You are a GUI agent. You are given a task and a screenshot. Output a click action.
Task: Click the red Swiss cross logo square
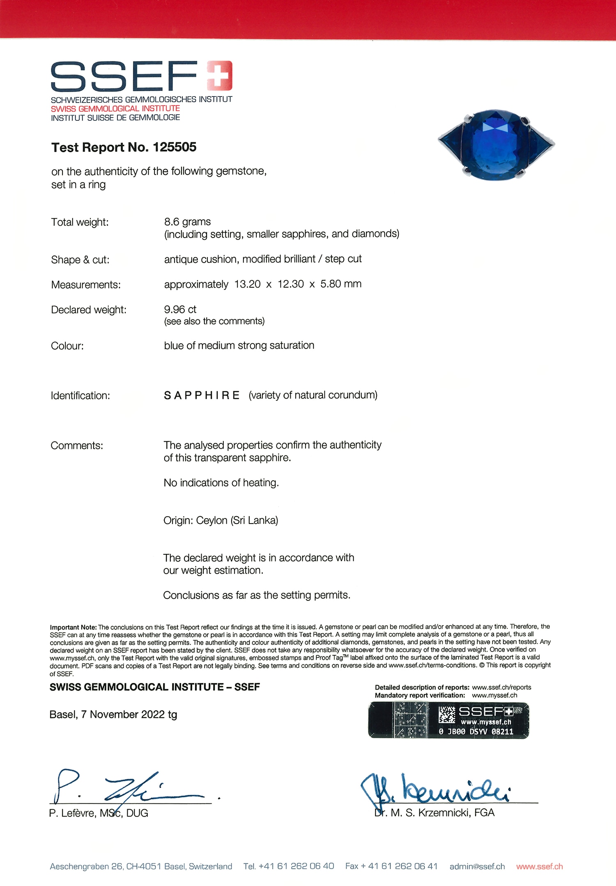(x=219, y=76)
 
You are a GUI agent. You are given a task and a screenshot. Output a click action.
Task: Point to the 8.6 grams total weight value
(x=187, y=222)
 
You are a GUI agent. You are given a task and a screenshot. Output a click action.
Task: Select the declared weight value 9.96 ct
(x=180, y=309)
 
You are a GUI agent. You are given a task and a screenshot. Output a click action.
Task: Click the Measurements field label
(x=86, y=285)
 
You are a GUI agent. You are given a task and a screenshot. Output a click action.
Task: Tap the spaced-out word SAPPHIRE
(x=202, y=395)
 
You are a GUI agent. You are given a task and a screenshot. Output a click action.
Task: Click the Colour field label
(x=67, y=346)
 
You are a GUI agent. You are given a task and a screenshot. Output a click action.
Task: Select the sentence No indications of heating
(x=221, y=483)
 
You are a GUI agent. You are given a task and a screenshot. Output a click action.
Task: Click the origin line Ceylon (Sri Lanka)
(x=221, y=521)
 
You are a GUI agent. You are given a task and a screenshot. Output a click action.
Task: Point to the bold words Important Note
(x=73, y=628)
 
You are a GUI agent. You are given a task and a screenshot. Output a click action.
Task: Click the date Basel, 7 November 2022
(x=113, y=715)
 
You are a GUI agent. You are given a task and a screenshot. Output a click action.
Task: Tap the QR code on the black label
(x=446, y=715)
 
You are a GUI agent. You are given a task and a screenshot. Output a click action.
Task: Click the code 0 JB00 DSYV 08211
(x=476, y=732)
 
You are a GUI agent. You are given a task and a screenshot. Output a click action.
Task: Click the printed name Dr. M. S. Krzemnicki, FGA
(x=434, y=813)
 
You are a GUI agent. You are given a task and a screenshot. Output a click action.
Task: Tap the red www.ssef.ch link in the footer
(x=539, y=867)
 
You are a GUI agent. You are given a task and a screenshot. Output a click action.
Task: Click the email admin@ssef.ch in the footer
(x=477, y=867)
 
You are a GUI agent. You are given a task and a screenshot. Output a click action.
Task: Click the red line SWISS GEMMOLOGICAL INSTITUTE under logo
(x=115, y=108)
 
